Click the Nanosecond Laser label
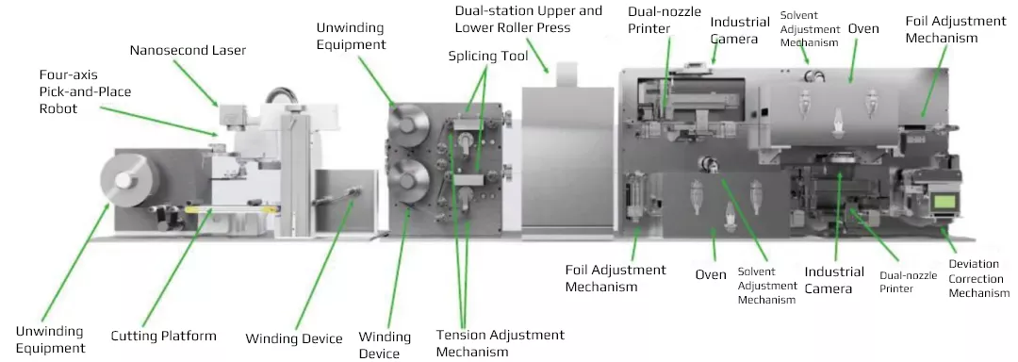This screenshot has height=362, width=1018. tap(188, 50)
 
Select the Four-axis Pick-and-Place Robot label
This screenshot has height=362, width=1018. tap(85, 91)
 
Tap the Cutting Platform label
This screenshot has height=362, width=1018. tap(164, 336)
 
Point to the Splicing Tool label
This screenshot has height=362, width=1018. tap(488, 56)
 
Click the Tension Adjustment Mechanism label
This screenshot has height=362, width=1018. tap(500, 343)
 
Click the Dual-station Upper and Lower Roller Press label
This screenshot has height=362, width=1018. tap(529, 19)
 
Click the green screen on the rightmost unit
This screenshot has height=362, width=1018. tap(944, 201)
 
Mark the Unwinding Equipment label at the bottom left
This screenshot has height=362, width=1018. tap(50, 339)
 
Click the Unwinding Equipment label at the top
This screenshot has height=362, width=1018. tap(351, 37)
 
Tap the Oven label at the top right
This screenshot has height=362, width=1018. tap(863, 28)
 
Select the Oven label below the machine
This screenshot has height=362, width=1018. tap(711, 274)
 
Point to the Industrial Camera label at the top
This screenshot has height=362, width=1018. tap(740, 30)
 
